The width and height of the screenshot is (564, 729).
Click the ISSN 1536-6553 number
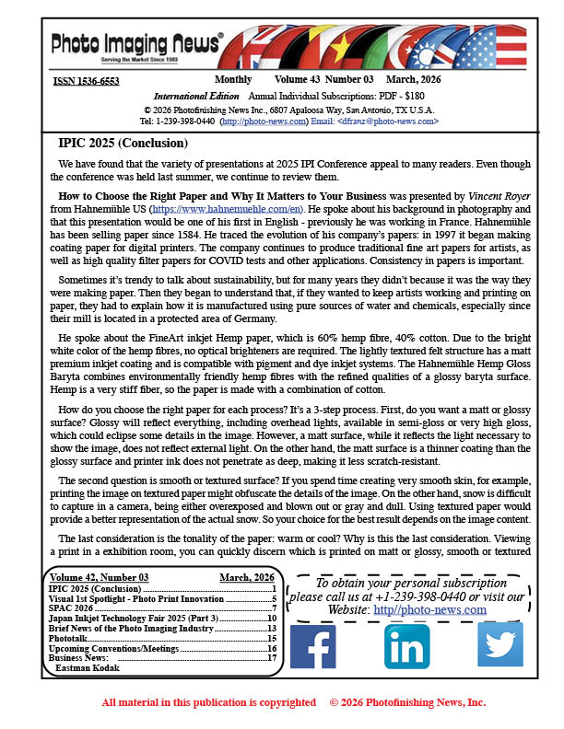pos(86,81)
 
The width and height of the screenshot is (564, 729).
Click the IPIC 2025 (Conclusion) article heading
pos(123,145)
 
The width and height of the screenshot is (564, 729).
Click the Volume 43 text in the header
pos(297,81)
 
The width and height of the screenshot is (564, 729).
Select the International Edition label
pos(196,96)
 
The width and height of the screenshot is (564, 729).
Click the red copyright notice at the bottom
pos(293,702)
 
